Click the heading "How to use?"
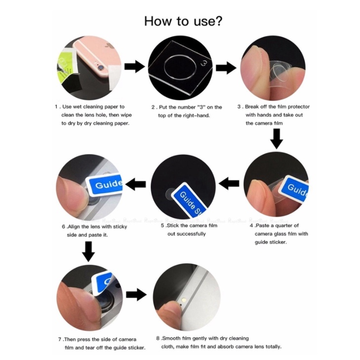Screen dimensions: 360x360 point(183,21)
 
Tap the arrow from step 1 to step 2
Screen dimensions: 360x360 point(134,67)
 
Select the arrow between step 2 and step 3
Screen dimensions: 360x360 point(226,68)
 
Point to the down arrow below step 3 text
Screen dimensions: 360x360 point(277,139)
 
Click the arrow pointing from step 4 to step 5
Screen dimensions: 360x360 point(229,183)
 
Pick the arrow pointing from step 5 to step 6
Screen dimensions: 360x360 point(135,184)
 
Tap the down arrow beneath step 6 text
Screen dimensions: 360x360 point(88,251)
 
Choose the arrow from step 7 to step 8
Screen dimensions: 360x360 point(136,294)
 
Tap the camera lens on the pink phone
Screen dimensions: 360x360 point(100,68)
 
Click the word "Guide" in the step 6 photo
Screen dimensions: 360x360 point(109,184)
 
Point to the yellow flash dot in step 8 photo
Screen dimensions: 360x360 point(183,300)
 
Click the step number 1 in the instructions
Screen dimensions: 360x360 point(56,107)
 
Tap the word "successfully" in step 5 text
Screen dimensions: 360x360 point(187,234)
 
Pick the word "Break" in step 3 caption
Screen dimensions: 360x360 point(252,107)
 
